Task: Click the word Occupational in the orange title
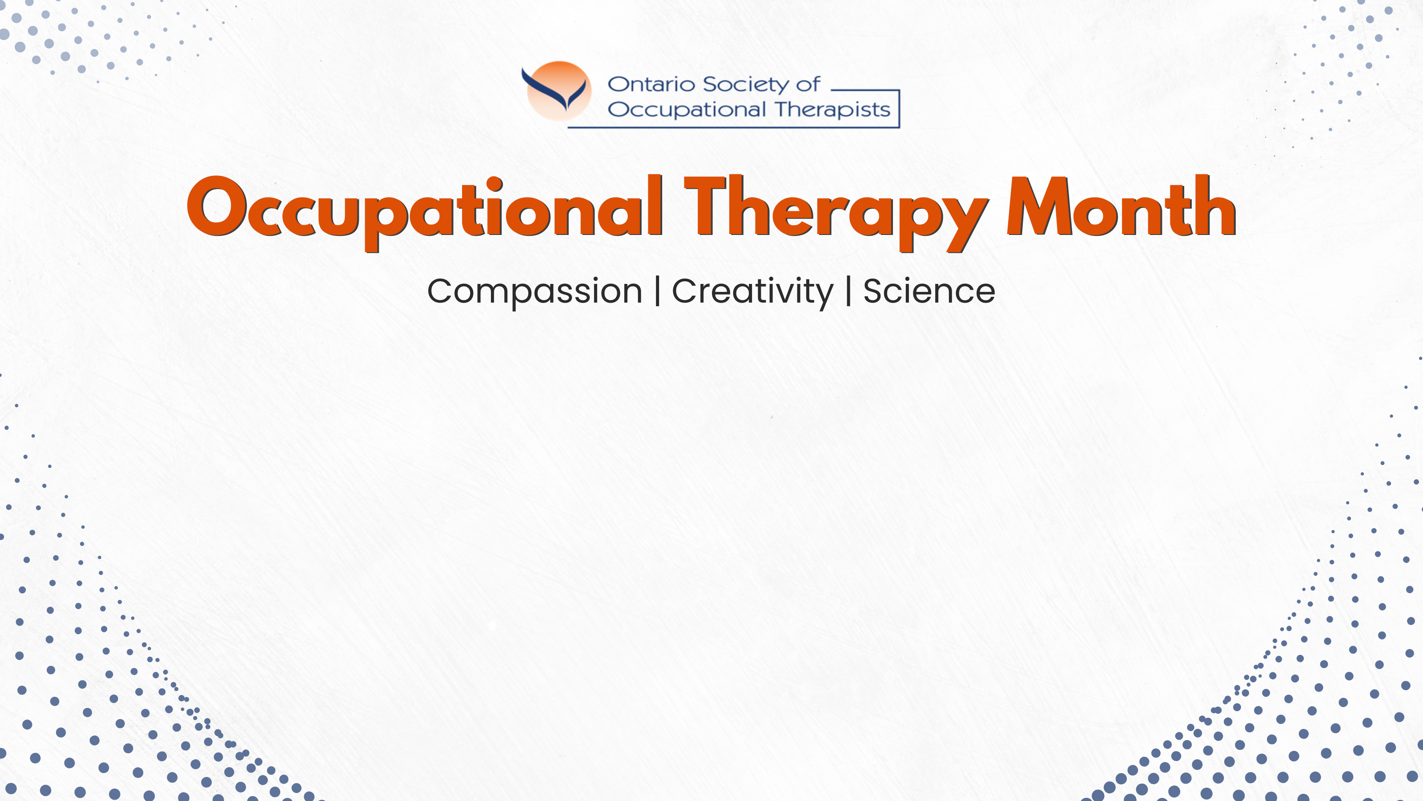point(425,212)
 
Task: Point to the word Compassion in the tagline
point(535,292)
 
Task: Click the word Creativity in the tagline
point(752,292)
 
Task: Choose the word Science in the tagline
point(929,291)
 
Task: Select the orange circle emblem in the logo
point(559,91)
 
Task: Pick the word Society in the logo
point(746,85)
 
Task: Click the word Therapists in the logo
point(832,109)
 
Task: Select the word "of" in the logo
point(808,84)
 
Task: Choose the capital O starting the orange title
point(217,207)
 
